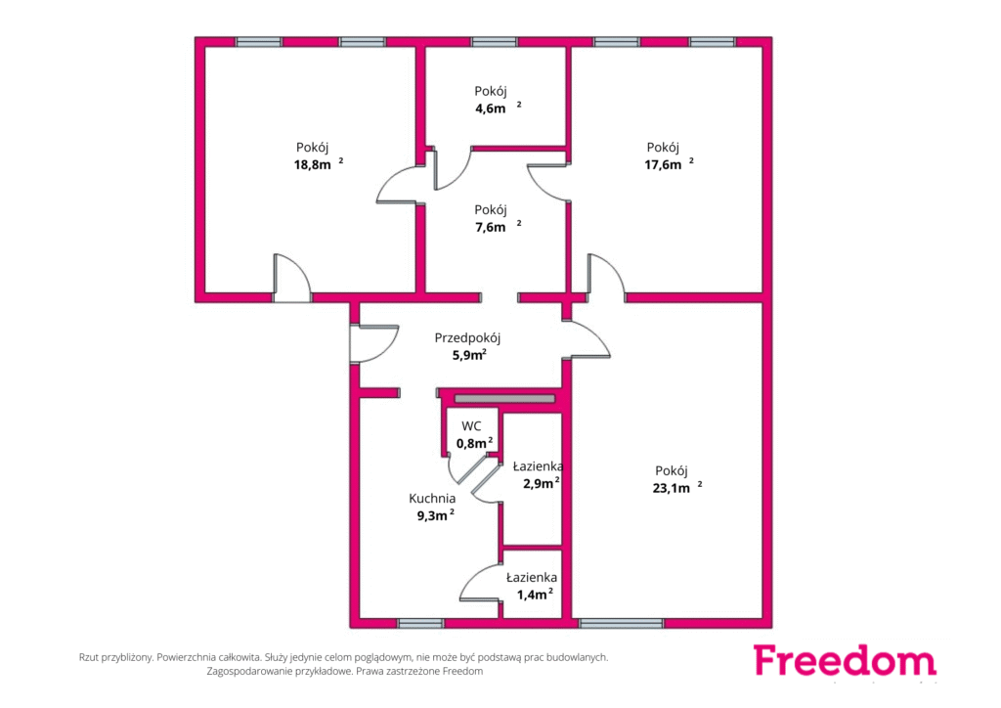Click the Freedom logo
click(845, 660)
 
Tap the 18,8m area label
click(318, 164)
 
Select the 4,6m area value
click(498, 108)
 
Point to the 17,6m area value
click(669, 164)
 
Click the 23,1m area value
click(676, 488)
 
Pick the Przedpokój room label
click(467, 337)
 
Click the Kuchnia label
click(432, 498)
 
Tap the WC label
click(472, 425)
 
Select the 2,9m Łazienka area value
click(542, 483)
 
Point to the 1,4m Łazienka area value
click(535, 595)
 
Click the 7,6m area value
click(498, 227)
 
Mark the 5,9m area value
click(469, 355)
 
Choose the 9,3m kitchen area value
click(436, 515)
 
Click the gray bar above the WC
click(505, 399)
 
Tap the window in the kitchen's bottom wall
click(420, 623)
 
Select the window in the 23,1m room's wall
click(621, 623)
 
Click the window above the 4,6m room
click(494, 42)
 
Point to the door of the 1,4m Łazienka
click(480, 581)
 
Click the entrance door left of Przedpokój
click(373, 344)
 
